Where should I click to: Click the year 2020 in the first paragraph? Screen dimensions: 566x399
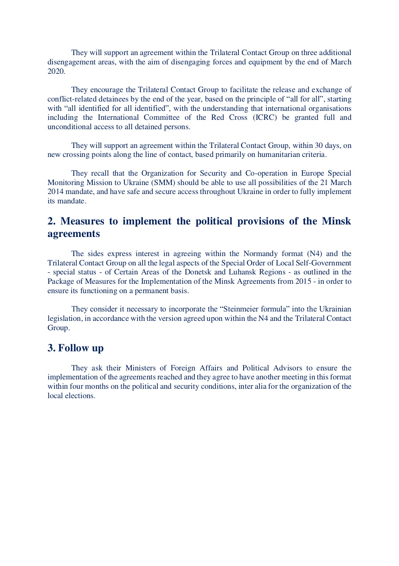[x=56, y=71]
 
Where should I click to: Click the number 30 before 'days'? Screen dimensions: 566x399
[x=319, y=146]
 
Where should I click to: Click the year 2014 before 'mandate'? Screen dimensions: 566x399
[x=55, y=192]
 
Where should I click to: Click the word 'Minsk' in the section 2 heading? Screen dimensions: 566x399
[x=336, y=221]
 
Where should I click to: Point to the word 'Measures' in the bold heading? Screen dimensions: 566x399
[x=82, y=221]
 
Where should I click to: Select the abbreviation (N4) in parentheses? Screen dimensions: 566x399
[x=314, y=254]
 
